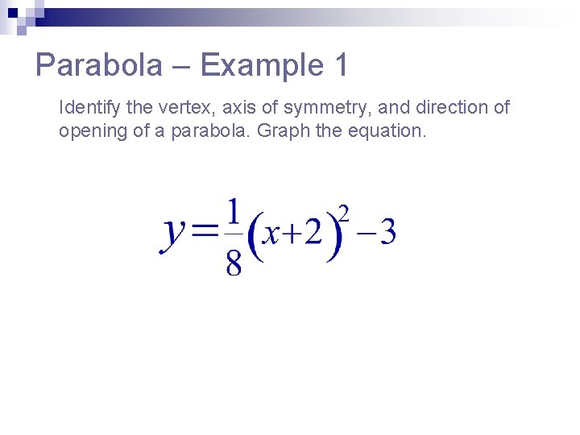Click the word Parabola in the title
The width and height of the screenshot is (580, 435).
[x=98, y=65]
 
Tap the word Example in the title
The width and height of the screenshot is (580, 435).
[x=261, y=65]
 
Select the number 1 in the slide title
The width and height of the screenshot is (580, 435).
[x=339, y=65]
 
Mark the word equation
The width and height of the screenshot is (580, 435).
[x=387, y=130]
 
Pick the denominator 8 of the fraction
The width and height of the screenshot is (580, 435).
[x=234, y=263]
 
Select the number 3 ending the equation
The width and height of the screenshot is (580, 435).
[x=387, y=233]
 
